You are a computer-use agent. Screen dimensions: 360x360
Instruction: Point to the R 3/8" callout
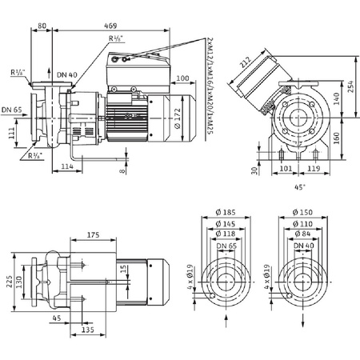[33, 155]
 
